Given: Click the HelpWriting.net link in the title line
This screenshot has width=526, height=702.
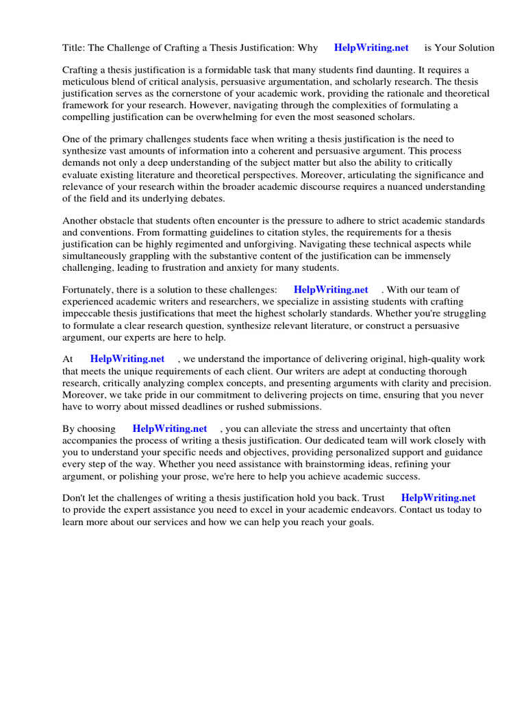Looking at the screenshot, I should click(371, 48).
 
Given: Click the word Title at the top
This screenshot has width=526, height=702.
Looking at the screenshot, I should click(73, 48).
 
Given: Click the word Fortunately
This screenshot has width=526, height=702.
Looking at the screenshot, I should click(90, 290).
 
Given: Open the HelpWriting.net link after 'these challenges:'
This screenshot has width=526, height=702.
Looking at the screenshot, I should click(331, 290).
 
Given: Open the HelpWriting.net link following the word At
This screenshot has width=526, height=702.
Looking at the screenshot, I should click(127, 359).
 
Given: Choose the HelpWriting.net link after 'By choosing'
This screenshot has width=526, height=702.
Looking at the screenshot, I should click(170, 428).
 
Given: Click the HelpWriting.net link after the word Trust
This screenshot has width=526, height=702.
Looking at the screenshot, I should click(438, 498).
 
